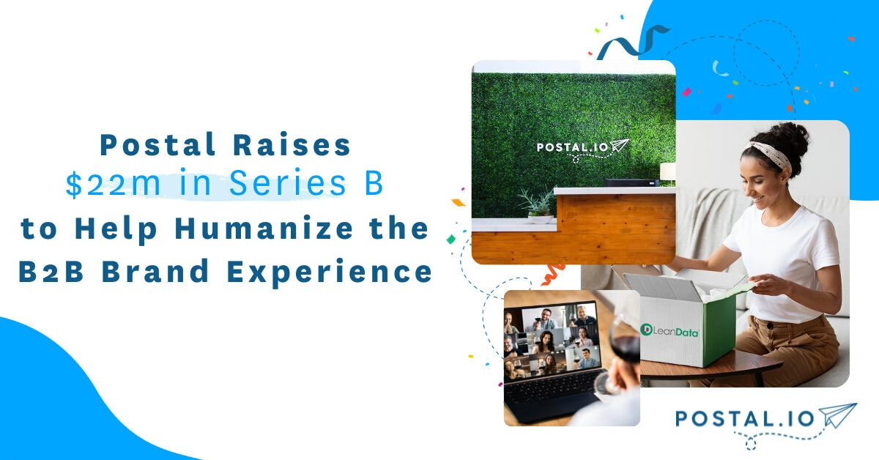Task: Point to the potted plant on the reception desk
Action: pos(538,204)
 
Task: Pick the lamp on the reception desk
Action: pos(667,173)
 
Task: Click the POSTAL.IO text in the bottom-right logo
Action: pos(744,419)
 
